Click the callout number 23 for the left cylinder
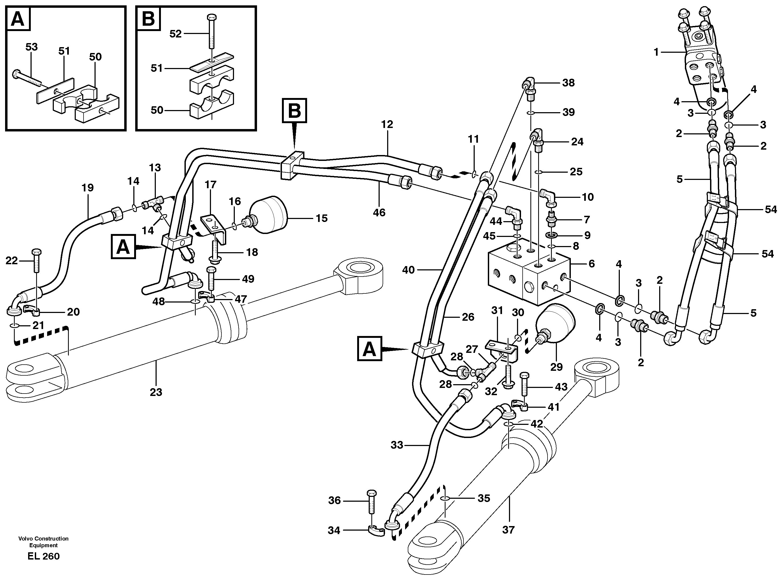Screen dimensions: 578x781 pos(156,392)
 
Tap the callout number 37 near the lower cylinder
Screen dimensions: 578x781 pos(508,530)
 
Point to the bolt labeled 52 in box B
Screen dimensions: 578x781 pos(212,32)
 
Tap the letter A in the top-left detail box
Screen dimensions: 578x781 pos(18,19)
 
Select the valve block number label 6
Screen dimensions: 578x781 pos(591,263)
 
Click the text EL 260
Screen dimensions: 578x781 pos(43,556)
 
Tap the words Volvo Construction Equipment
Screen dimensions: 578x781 pos(43,542)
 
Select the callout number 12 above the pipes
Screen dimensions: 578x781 pos(387,124)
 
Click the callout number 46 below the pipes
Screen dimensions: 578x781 pos(379,212)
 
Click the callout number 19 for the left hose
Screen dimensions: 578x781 pos(88,188)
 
